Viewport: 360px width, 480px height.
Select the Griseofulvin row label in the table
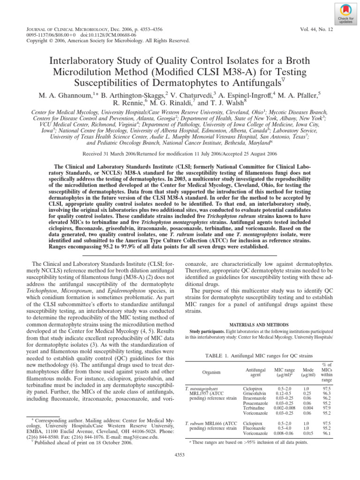pyautogui.click(x=255, y=394)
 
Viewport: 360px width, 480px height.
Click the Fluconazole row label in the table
pyautogui.click(x=254, y=428)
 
